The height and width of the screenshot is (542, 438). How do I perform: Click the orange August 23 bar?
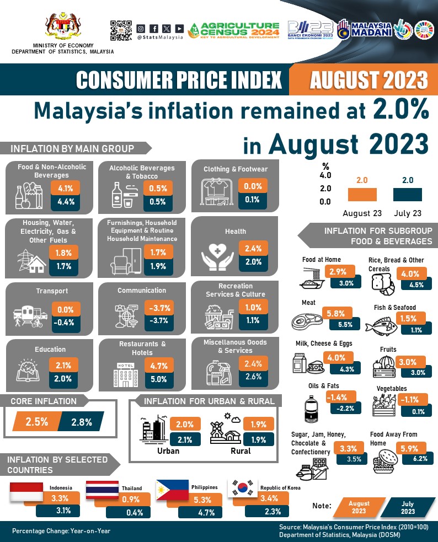tap(362, 194)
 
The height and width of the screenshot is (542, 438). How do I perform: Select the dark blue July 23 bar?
tap(408, 194)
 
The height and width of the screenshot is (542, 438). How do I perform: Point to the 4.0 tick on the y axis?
tap(325, 176)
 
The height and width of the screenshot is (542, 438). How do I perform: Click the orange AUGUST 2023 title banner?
tap(368, 80)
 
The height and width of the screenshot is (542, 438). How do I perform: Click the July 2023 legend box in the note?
tap(408, 507)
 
